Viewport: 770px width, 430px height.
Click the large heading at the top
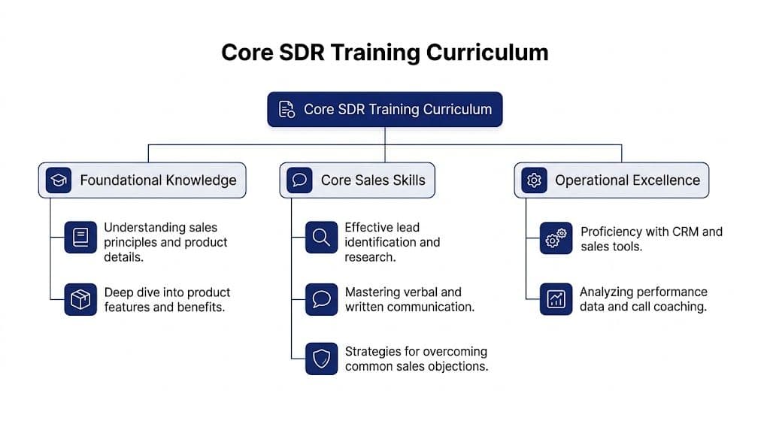point(384,53)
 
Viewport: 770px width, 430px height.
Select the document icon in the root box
point(286,109)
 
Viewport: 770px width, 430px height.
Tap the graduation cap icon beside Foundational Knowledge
point(58,180)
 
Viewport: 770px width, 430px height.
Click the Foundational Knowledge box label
point(158,180)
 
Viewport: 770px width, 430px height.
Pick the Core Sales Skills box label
point(373,180)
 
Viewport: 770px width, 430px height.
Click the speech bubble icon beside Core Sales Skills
point(299,180)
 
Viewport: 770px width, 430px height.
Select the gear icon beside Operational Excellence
point(534,180)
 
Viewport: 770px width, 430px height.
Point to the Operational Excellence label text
point(627,180)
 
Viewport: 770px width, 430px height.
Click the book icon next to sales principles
point(80,238)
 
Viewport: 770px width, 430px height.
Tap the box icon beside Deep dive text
point(80,299)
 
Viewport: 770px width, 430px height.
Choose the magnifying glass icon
point(321,238)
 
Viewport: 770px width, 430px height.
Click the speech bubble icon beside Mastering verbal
point(321,299)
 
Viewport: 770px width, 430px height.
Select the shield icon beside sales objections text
point(321,359)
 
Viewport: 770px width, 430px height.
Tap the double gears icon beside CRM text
point(556,238)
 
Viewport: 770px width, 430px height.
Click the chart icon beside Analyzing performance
point(556,299)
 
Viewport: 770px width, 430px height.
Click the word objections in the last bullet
point(459,367)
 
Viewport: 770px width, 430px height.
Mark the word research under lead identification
point(370,257)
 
